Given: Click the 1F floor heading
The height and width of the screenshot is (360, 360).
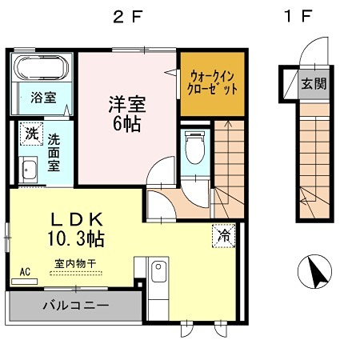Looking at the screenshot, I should pyautogui.click(x=296, y=15).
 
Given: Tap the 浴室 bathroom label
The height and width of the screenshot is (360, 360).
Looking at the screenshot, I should pyautogui.click(x=43, y=98).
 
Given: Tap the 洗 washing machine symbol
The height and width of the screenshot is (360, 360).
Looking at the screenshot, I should pyautogui.click(x=30, y=133).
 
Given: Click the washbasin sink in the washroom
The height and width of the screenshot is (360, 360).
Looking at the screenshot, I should pyautogui.click(x=29, y=170).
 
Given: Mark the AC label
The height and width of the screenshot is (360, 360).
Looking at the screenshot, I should pyautogui.click(x=25, y=271).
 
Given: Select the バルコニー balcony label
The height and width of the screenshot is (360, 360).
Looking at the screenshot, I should pyautogui.click(x=70, y=305).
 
